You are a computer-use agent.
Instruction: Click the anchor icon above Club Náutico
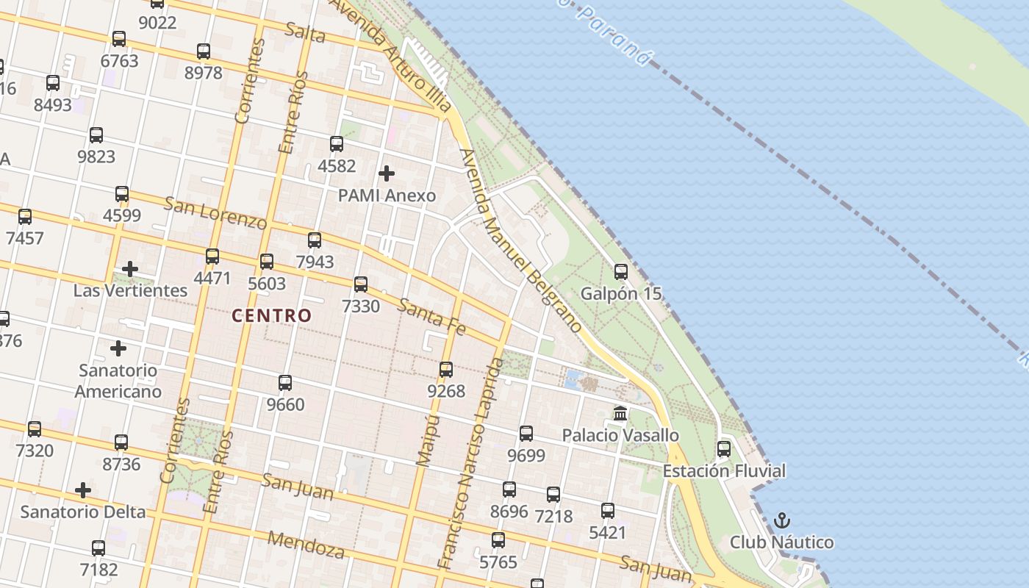click(x=782, y=521)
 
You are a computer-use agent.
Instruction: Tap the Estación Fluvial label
click(x=724, y=471)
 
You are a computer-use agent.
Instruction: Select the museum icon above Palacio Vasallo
click(x=620, y=414)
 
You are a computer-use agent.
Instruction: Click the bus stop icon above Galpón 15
click(x=621, y=272)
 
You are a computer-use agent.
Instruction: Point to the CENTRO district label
click(x=272, y=316)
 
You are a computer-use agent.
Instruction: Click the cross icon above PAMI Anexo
click(x=387, y=173)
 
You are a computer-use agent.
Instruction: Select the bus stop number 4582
click(x=337, y=166)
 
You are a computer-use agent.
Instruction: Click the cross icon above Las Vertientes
click(x=130, y=269)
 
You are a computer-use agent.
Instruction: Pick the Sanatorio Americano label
click(x=118, y=381)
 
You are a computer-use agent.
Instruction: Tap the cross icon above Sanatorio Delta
click(x=83, y=490)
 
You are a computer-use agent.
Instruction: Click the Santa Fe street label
click(x=431, y=317)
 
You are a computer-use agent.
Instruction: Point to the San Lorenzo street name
click(x=215, y=213)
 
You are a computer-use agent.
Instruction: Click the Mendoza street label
click(x=306, y=544)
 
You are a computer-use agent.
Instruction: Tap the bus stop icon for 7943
click(x=315, y=240)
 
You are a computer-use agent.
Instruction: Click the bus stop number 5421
click(x=608, y=532)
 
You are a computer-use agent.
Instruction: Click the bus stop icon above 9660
click(x=285, y=383)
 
